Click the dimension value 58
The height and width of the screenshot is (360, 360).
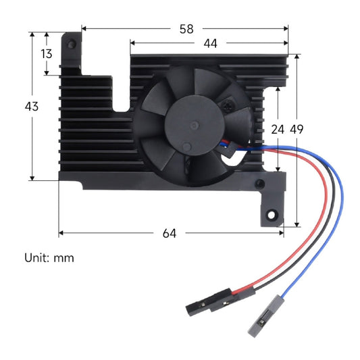coord(186,29)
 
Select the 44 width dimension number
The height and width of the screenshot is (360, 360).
coord(210,43)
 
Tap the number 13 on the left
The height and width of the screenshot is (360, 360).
coord(46,54)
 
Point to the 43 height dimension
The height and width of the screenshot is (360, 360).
coord(31,106)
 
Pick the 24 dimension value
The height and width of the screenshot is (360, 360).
coord(278,129)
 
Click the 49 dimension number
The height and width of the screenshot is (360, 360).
coord(297,129)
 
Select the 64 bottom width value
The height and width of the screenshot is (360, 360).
coord(170,233)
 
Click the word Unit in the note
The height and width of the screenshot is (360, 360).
coord(35,257)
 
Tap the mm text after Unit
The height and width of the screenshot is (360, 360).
coord(65,257)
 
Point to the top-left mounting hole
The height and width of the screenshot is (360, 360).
coord(70,42)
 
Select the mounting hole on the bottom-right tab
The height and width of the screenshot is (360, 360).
coord(272,215)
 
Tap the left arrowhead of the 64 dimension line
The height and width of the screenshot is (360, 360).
coord(61,233)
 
